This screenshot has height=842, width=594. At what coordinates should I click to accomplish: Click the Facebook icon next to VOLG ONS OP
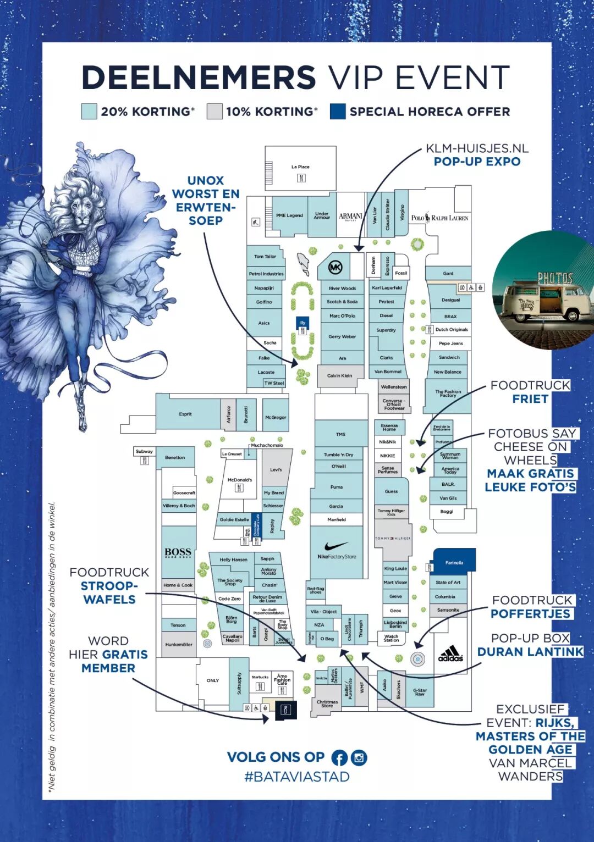339,758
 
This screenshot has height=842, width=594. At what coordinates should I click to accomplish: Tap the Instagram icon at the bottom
359,758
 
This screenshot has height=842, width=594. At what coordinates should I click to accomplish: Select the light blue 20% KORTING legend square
89,112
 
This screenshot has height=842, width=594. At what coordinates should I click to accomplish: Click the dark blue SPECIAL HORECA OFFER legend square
338,112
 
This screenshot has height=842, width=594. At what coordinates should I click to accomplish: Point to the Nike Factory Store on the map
337,551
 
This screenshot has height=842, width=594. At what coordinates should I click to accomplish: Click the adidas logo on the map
450,654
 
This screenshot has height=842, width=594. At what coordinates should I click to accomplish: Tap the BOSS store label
178,552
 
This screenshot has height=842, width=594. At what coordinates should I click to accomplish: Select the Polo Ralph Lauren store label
440,218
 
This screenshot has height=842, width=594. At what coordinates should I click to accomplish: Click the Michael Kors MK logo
335,268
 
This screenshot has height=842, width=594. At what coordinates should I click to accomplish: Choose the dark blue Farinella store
454,562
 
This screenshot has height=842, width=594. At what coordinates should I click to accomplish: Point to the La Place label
300,167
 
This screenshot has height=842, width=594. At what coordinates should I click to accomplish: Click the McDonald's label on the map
240,480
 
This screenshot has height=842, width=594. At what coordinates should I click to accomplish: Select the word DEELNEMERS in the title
199,77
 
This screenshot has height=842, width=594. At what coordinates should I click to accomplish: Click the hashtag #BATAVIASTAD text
297,777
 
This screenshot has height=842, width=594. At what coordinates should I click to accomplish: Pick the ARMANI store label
350,217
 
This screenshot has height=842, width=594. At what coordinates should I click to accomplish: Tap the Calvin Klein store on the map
339,376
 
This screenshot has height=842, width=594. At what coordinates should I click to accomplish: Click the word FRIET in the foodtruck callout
530,399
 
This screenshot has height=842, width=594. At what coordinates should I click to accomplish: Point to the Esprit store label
185,414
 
